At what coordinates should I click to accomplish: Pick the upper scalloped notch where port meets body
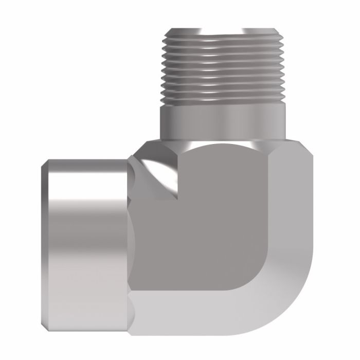point(135,170)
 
